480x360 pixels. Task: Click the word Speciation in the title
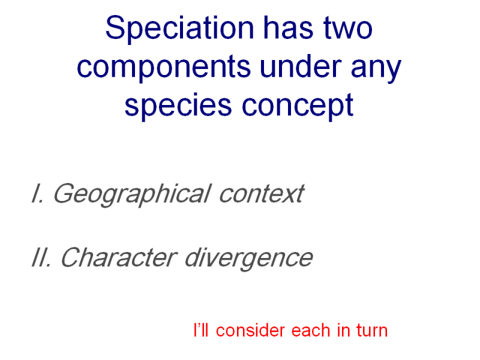pos(179,29)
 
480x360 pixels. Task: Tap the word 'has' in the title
pos(288,28)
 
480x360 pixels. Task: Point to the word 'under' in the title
pos(301,66)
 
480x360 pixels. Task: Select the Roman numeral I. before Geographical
pos(38,193)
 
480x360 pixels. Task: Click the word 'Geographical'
pos(132,195)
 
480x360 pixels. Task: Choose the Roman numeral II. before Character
pos(41,257)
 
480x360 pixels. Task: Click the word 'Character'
pos(119,257)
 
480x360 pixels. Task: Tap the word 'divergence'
pos(249,259)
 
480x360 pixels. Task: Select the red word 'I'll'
pos(201,330)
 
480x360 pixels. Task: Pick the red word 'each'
pos(311,331)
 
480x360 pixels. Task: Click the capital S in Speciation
pos(114,28)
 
